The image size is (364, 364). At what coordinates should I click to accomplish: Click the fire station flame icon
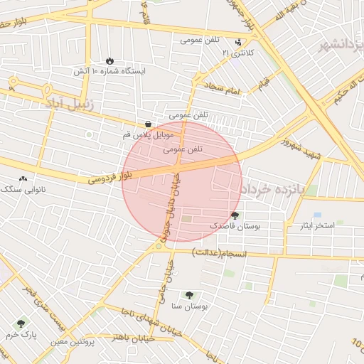tap(109, 60)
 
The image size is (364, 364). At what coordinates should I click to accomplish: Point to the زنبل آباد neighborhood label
tap(69, 105)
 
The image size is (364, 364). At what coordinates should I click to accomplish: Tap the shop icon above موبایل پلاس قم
tap(148, 123)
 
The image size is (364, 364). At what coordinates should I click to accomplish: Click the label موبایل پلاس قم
tap(148, 134)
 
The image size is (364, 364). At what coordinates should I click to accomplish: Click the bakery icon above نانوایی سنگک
tap(23, 178)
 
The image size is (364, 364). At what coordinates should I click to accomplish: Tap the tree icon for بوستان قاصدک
tap(235, 215)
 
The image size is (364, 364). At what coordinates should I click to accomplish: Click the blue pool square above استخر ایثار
tap(317, 214)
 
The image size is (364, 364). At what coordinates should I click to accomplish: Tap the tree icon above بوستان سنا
tap(189, 295)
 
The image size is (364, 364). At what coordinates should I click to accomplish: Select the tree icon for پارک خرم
tap(21, 323)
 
